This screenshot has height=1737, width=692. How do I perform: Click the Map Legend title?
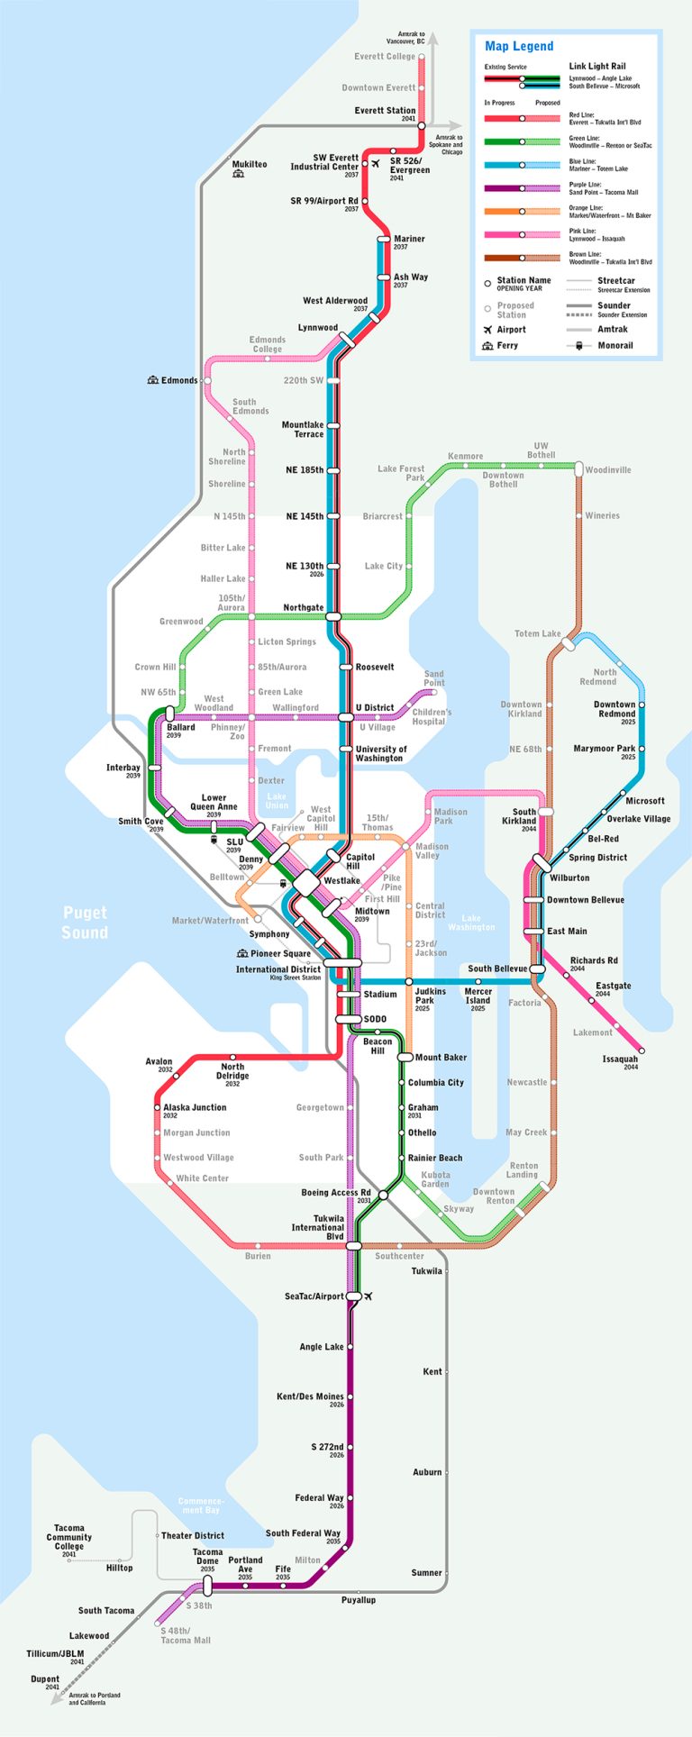pyautogui.click(x=519, y=47)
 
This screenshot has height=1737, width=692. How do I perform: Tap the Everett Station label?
pyautogui.click(x=385, y=111)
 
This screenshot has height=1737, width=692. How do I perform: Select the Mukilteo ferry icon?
pyautogui.click(x=238, y=174)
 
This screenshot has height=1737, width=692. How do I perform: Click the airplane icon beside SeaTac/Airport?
pyautogui.click(x=369, y=1296)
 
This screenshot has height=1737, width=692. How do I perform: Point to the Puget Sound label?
pyautogui.click(x=85, y=923)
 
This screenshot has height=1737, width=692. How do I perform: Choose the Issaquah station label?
pyautogui.click(x=620, y=1059)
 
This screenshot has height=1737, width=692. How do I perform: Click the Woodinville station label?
pyautogui.click(x=608, y=470)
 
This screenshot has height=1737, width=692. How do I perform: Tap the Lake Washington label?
pyautogui.click(x=471, y=923)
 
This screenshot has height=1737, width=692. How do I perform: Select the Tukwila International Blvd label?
pyautogui.click(x=317, y=1227)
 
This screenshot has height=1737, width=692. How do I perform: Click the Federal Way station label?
pyautogui.click(x=319, y=1497)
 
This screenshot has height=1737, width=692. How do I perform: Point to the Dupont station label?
pyautogui.click(x=45, y=1679)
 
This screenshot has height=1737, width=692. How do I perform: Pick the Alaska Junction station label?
pyautogui.click(x=195, y=1107)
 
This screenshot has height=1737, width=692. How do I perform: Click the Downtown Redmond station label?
pyautogui.click(x=615, y=709)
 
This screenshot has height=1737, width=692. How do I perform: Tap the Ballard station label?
pyautogui.click(x=180, y=727)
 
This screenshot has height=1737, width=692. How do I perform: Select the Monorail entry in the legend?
pyautogui.click(x=615, y=345)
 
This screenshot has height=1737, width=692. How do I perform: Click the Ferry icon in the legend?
pyautogui.click(x=487, y=346)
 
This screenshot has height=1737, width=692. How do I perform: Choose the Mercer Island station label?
pyautogui.click(x=478, y=996)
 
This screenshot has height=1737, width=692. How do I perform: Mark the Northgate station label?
pyautogui.click(x=304, y=607)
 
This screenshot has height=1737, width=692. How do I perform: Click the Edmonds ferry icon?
pyautogui.click(x=153, y=380)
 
